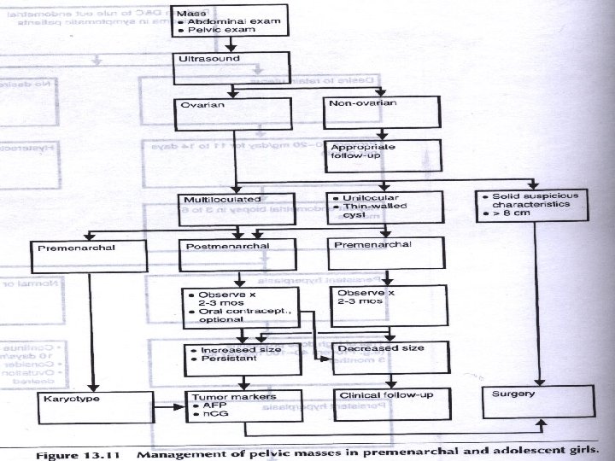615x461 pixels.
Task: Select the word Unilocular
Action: [368, 198]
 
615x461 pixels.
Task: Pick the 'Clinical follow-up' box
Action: [388, 406]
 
